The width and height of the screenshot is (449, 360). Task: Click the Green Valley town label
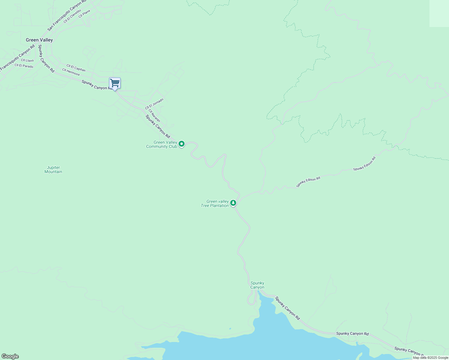click(39, 40)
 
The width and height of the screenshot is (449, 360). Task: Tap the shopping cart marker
click(115, 83)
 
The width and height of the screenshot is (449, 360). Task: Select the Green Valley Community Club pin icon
click(182, 144)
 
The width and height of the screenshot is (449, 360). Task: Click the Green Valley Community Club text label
click(161, 145)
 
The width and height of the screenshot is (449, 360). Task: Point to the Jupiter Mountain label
click(53, 170)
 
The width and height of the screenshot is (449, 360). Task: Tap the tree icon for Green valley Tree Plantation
click(233, 203)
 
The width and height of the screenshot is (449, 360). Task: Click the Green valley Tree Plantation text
click(215, 204)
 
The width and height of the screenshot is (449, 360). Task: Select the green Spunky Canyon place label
click(258, 285)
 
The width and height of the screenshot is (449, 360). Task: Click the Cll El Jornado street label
click(154, 104)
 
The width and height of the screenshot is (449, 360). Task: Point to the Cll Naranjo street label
click(154, 115)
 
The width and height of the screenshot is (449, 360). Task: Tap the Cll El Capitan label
click(76, 68)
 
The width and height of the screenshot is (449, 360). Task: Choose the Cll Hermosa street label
click(71, 72)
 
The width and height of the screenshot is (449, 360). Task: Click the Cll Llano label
click(27, 60)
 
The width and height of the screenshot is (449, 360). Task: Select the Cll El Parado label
click(24, 66)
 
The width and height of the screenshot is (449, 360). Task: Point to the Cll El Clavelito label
click(72, 16)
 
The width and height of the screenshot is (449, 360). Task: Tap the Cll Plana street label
click(84, 14)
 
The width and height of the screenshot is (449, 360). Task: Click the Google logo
click(10, 356)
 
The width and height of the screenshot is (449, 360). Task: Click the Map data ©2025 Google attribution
click(430, 358)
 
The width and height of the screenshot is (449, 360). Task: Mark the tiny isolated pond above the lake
click(230, 329)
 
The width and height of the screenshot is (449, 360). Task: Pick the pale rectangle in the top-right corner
click(439, 13)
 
